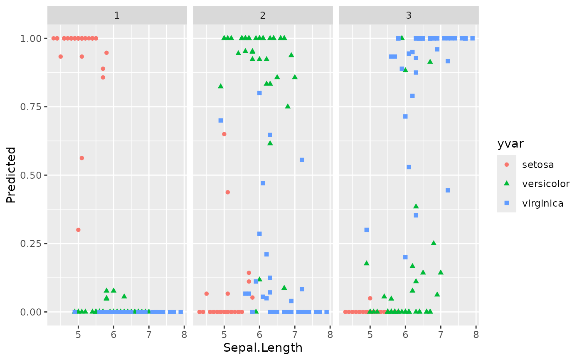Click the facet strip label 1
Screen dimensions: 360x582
tap(117, 16)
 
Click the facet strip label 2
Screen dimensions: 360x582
tap(263, 16)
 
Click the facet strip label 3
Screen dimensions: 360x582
tap(409, 16)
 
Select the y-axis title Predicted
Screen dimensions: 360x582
tap(11, 175)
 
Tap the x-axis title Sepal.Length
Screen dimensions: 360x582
tap(263, 348)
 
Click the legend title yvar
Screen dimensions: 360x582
tap(510, 144)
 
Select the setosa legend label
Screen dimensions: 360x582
tap(538, 165)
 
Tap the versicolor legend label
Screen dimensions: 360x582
tap(546, 184)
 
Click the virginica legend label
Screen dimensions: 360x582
tap(543, 203)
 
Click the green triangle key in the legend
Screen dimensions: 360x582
tap(507, 184)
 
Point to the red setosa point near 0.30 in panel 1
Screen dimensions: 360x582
tap(78, 230)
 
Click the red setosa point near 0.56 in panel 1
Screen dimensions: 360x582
tap(81, 158)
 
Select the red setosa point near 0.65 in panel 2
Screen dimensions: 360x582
tap(224, 134)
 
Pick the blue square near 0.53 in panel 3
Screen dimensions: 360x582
tap(409, 167)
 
